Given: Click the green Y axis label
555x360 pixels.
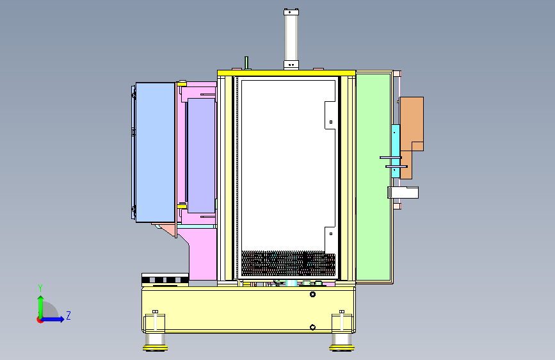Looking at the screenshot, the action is pyautogui.click(x=40, y=288).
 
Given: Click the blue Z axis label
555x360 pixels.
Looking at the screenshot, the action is pyautogui.click(x=68, y=315).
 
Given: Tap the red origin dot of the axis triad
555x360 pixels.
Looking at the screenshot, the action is pyautogui.click(x=40, y=320).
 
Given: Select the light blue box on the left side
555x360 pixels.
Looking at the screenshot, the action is pyautogui.click(x=156, y=152).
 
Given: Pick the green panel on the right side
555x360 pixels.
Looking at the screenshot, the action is pyautogui.click(x=374, y=177).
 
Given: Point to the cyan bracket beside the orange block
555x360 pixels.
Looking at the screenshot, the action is pyautogui.click(x=396, y=151).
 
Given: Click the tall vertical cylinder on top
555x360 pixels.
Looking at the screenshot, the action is pyautogui.click(x=291, y=39).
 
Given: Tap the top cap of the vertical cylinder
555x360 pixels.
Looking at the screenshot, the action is pyautogui.click(x=291, y=12).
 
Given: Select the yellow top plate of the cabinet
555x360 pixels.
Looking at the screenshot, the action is pyautogui.click(x=286, y=73).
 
